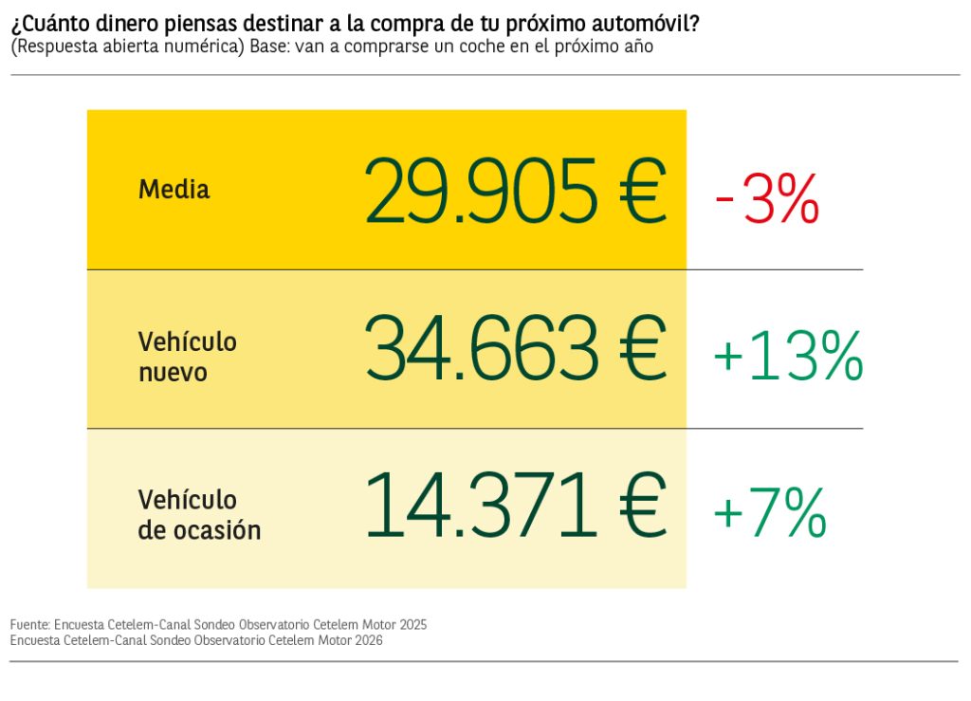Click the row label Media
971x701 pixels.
pos(174,190)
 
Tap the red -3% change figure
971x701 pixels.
pos(767,198)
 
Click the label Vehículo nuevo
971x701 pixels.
pos(187,357)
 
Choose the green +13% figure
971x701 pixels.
pos(787,356)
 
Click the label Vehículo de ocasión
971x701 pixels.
pos(199,515)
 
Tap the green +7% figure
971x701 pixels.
pos(769,513)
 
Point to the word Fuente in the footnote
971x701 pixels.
pos(28,625)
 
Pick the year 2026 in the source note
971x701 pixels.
pos(367,640)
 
